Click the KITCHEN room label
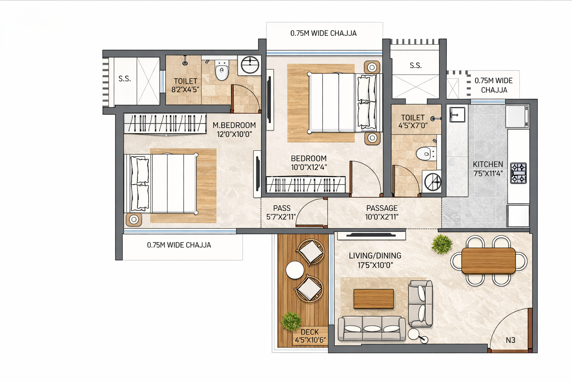pos(488,165)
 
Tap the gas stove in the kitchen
pos(518,173)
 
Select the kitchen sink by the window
pos(457,114)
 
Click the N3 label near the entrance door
pos(510,340)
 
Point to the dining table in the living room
pos(488,260)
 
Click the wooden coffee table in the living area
pos(374,299)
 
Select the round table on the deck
pos(295,270)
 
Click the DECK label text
pos(309,332)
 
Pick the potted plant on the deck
pos(291,321)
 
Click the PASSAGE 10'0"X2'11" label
pos(382,213)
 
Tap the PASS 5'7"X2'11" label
pos(282,213)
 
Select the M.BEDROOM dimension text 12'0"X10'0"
pos(234,134)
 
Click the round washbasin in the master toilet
pos(250,65)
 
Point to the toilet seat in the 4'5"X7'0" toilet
pos(425,153)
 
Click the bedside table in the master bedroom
pos(134,219)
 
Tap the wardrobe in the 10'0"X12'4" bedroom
pos(305,184)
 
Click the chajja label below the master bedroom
pos(179,245)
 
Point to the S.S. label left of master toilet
pos(124,79)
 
